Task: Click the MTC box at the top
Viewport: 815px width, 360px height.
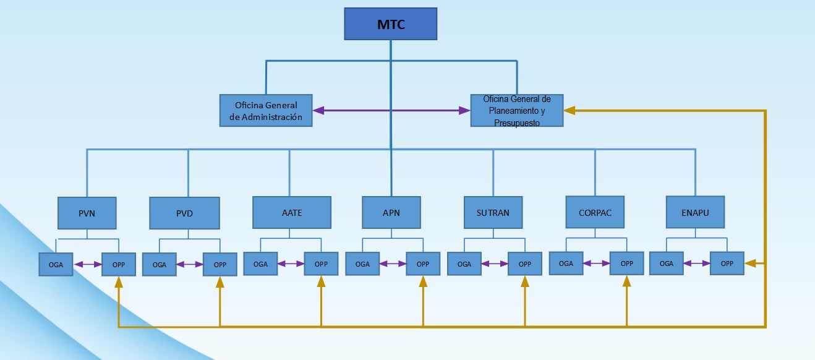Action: click(390, 24)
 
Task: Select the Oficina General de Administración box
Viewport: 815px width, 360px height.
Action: click(266, 111)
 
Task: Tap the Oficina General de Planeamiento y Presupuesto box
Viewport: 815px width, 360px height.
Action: click(516, 111)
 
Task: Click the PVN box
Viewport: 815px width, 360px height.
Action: click(87, 213)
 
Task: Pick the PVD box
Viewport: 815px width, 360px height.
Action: click(184, 213)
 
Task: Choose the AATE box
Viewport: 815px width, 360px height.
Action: click(291, 213)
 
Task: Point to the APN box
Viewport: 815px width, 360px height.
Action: click(391, 213)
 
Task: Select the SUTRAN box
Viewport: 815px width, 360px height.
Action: click(493, 213)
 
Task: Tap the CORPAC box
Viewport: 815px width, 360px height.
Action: click(595, 213)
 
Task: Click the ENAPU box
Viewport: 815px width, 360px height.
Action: click(695, 212)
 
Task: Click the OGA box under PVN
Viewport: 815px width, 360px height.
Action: click(56, 265)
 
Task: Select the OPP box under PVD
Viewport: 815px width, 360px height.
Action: click(220, 265)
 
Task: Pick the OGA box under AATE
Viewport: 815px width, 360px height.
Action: click(260, 264)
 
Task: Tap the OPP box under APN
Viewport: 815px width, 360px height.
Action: click(423, 264)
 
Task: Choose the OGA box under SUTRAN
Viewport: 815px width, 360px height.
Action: click(464, 264)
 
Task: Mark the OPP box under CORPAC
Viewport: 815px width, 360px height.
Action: click(626, 264)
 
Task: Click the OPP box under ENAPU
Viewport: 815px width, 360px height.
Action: click(727, 264)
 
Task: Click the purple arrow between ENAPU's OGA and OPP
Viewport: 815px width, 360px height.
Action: click(696, 264)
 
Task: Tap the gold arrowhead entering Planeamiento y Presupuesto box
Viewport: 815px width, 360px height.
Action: click(570, 111)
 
